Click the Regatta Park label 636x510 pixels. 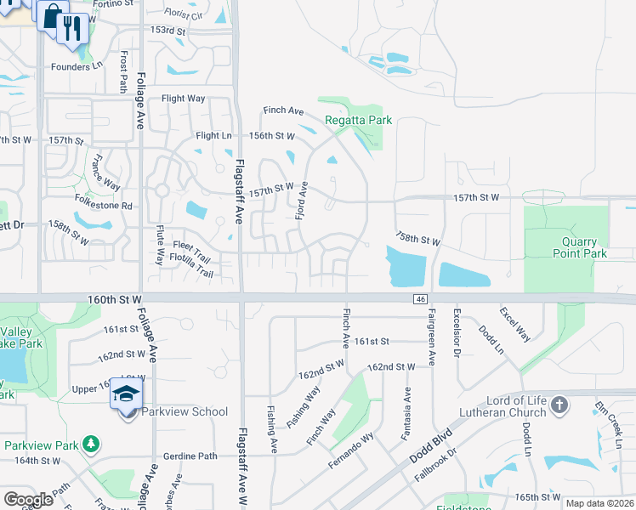tap(358, 120)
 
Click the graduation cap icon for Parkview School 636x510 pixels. tap(127, 395)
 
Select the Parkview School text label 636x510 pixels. tap(185, 411)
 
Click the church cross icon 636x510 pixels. tap(559, 405)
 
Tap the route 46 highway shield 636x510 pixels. tap(420, 298)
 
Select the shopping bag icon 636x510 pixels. tap(52, 16)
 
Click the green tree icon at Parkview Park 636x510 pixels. tap(90, 445)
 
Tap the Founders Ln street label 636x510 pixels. tap(76, 67)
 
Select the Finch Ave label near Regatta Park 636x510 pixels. tap(283, 110)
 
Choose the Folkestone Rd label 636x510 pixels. tap(103, 206)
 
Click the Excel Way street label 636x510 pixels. tap(515, 325)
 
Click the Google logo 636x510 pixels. tap(28, 500)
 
